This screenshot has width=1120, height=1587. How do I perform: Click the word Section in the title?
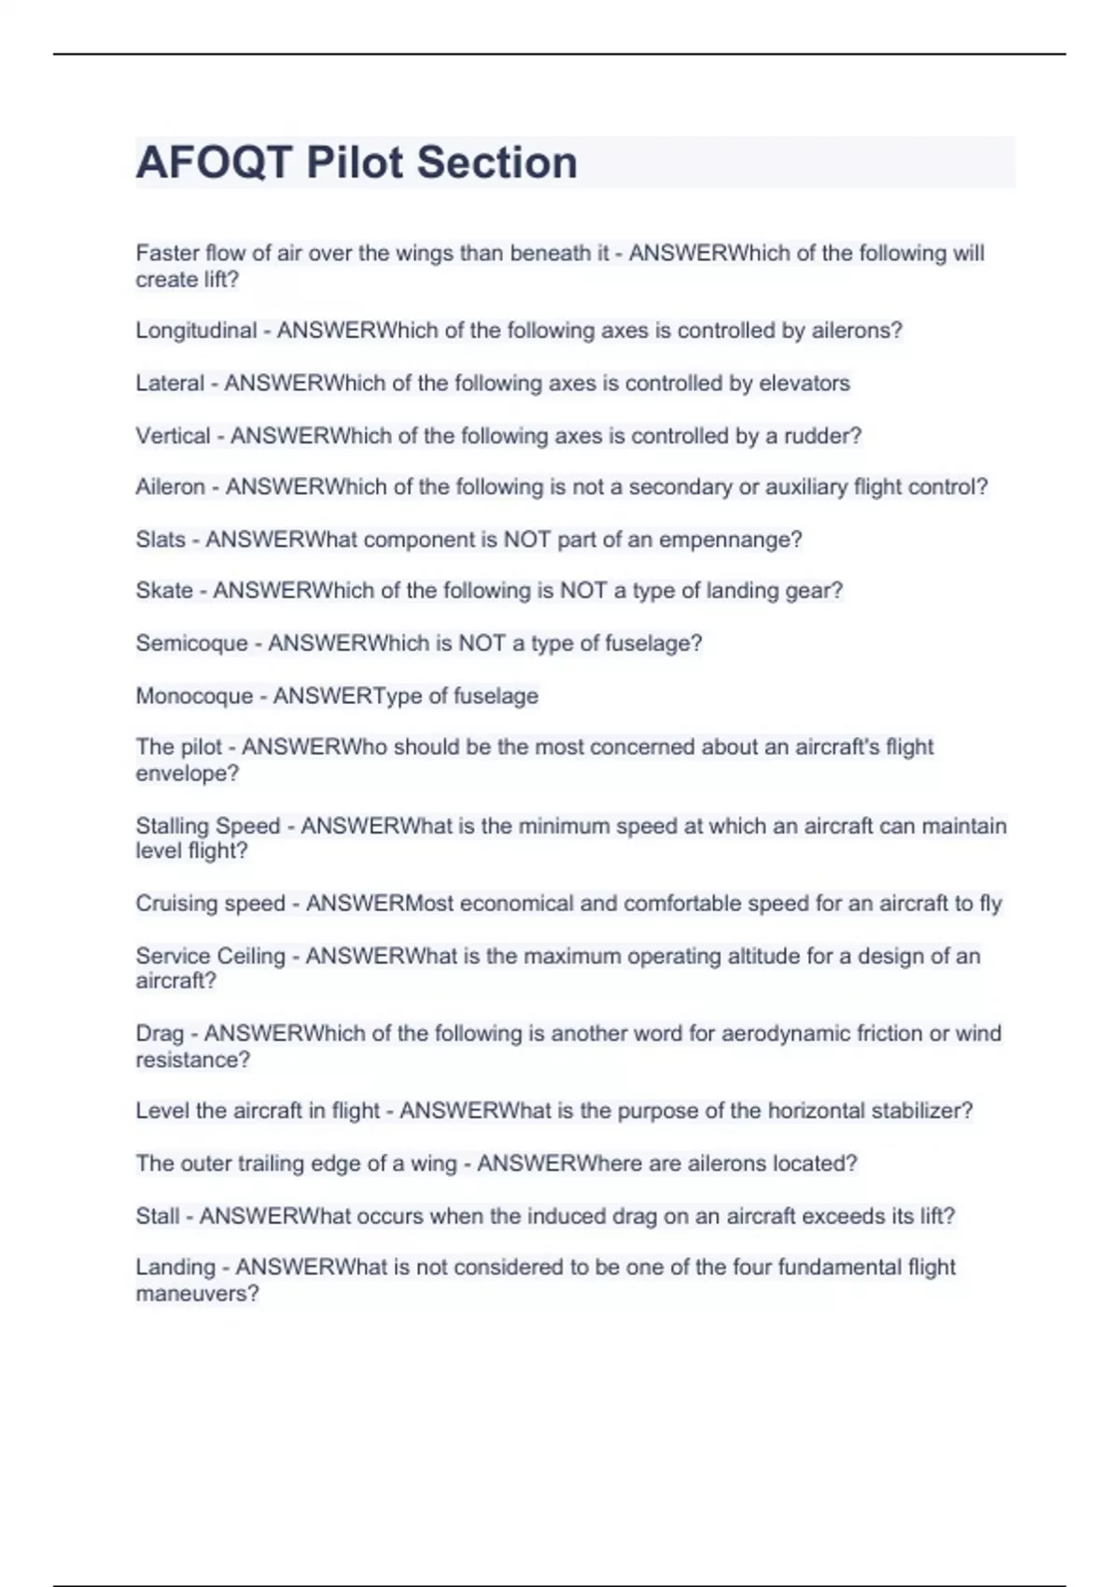497,162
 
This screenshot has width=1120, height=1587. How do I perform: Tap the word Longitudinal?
196,330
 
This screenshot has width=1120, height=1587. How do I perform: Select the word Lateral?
170,383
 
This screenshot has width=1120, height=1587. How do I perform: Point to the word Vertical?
173,436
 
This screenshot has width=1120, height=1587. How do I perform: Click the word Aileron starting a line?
170,486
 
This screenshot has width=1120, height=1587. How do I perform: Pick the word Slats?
161,540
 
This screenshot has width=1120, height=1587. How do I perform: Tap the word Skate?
164,591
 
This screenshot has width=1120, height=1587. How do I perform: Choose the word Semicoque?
191,643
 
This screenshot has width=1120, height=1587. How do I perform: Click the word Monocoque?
194,696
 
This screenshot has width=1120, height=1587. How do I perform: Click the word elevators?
805,383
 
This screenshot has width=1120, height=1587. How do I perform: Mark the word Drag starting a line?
160,1033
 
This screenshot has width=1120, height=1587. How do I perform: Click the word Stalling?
174,826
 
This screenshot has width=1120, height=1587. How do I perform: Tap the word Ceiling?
250,956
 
